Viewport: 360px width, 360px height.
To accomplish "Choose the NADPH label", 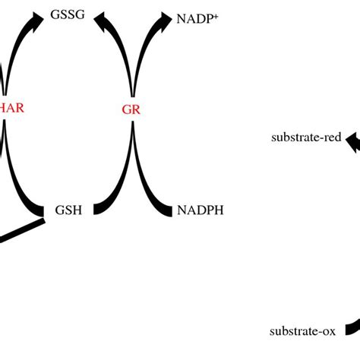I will click(201, 210).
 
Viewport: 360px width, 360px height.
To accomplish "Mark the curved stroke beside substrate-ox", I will click(352, 327).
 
